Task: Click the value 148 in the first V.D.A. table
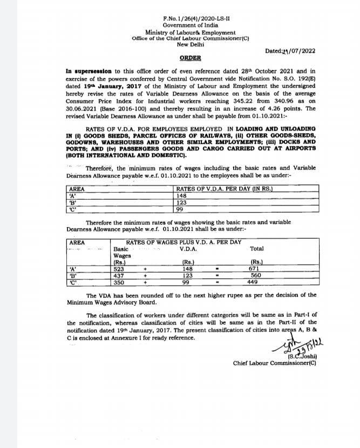181,196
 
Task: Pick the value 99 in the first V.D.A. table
180,209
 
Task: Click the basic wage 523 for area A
119,268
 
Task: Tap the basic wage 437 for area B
119,275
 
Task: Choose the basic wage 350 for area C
119,282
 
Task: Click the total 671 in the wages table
254,268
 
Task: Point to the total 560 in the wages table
256,275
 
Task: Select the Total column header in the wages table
257,249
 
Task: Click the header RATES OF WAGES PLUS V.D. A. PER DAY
183,242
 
